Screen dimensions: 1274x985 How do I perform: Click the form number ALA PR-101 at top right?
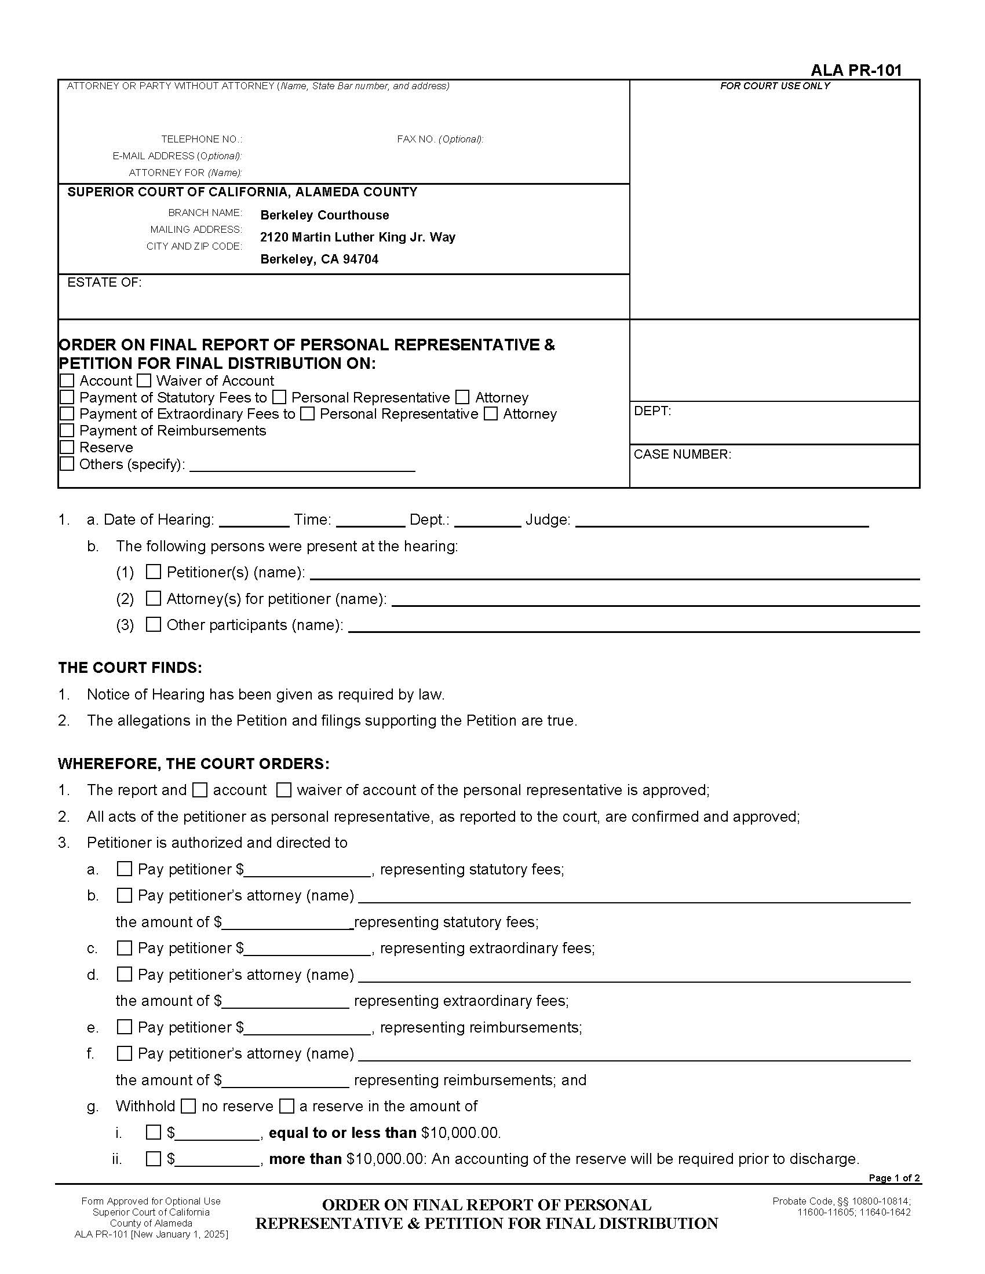[x=855, y=71]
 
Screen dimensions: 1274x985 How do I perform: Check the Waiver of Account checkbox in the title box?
[x=144, y=381]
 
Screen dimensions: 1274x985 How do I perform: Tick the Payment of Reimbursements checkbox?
[x=67, y=430]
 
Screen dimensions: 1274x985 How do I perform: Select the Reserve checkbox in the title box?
[x=67, y=448]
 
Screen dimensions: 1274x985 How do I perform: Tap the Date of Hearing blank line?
[x=254, y=521]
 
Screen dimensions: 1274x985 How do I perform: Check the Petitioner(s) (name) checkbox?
[x=153, y=572]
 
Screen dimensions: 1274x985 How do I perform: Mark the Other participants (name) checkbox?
[x=153, y=624]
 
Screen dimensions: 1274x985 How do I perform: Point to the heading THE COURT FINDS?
[x=130, y=668]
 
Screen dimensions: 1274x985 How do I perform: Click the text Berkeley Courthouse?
[x=324, y=215]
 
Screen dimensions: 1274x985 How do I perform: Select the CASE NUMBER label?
[x=681, y=455]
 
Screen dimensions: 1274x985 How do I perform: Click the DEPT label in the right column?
[x=652, y=411]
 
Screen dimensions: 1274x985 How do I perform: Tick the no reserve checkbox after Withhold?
[x=188, y=1106]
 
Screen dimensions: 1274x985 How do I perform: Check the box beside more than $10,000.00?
[x=153, y=1159]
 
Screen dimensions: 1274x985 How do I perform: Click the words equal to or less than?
[x=342, y=1133]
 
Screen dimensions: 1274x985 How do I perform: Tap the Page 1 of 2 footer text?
[x=893, y=1178]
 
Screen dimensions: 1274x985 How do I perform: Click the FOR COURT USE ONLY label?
[x=774, y=86]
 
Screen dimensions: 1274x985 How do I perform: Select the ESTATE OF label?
[x=104, y=283]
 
